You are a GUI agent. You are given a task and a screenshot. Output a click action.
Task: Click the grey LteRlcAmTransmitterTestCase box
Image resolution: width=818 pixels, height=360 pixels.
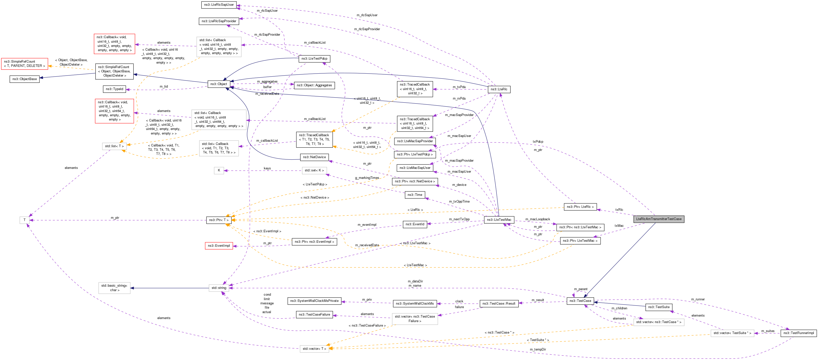point(658,219)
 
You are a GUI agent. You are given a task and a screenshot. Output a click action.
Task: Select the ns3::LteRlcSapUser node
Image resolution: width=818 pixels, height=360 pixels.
point(219,5)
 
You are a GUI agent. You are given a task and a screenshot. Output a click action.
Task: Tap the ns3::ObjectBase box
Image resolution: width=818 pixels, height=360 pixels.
point(24,79)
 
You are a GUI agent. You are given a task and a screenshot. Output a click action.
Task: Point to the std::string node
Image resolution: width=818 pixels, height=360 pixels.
point(219,288)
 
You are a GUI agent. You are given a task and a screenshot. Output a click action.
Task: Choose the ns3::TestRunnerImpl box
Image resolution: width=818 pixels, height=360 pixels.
point(798,333)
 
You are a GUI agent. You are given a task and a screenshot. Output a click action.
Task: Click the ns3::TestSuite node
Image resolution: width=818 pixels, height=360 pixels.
point(658,307)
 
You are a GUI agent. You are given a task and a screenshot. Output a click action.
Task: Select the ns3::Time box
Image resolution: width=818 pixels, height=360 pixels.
point(415,195)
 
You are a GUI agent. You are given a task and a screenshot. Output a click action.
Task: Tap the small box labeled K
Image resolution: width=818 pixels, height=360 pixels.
point(219,170)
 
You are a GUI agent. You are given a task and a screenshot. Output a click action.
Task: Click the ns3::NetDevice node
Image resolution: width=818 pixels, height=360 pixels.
point(314,157)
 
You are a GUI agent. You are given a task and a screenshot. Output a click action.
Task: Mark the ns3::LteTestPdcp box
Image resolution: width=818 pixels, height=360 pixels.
point(314,59)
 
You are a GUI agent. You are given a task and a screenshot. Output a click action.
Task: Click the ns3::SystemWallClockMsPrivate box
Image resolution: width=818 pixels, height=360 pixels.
point(314,301)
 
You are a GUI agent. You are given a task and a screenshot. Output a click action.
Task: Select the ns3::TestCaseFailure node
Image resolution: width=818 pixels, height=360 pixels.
point(314,315)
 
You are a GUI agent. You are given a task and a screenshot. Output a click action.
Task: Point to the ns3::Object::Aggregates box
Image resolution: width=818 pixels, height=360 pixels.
point(314,85)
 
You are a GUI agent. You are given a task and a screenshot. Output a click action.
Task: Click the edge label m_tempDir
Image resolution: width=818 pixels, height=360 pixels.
point(538,350)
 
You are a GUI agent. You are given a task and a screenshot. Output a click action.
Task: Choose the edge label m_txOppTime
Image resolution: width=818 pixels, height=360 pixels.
point(459,202)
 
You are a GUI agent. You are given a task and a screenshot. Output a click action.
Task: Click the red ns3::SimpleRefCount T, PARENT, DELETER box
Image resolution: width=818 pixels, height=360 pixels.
point(24,64)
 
